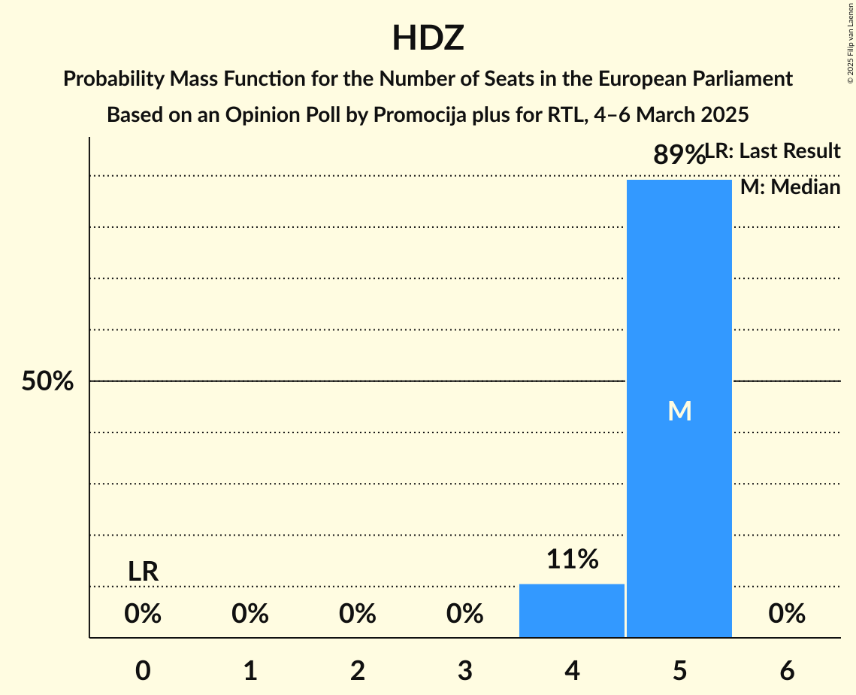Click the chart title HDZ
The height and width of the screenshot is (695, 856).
click(428, 38)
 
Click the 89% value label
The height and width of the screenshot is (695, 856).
click(679, 155)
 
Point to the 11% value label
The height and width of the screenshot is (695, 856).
click(572, 560)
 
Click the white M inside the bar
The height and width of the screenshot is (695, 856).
click(679, 411)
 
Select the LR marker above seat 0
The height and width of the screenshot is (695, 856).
click(143, 572)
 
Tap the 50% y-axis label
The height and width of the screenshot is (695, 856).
click(47, 381)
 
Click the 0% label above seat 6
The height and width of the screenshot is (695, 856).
click(787, 615)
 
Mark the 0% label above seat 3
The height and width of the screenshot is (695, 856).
click(464, 615)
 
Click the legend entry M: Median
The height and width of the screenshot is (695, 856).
click(790, 187)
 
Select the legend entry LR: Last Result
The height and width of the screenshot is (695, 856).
click(773, 151)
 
